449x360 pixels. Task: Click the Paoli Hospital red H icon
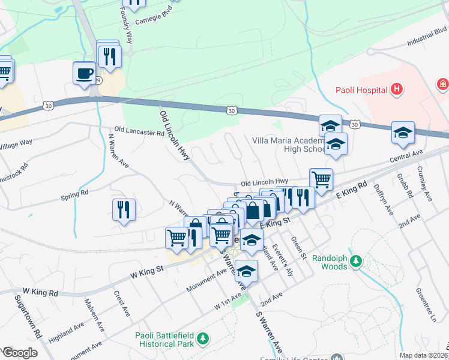tap(396, 90)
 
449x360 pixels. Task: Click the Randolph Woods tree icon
tap(356, 261)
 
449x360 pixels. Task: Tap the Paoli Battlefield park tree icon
tap(203, 340)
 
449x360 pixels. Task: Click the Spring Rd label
tap(74, 194)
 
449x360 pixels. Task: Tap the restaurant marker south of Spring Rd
tap(124, 210)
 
